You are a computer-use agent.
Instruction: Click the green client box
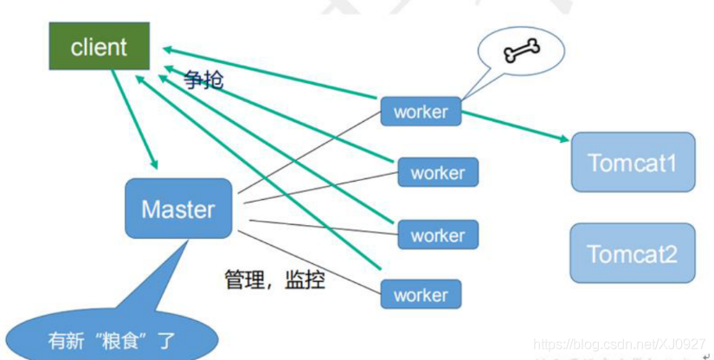click(x=99, y=47)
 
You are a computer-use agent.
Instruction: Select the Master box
click(x=178, y=209)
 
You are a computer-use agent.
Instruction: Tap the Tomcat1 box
click(x=633, y=162)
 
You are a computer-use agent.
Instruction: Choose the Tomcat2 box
click(x=633, y=253)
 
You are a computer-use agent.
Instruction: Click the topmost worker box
click(x=421, y=112)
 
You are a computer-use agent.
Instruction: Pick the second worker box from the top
click(x=438, y=173)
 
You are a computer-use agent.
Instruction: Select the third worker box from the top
click(x=438, y=235)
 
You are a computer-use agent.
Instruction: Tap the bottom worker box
click(x=421, y=295)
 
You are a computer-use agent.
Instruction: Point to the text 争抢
click(x=203, y=80)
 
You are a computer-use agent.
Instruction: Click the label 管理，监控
click(x=274, y=280)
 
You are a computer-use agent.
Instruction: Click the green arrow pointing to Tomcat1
click(x=515, y=125)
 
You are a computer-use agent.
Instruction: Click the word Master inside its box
click(x=178, y=209)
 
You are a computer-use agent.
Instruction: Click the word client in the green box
click(x=99, y=47)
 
